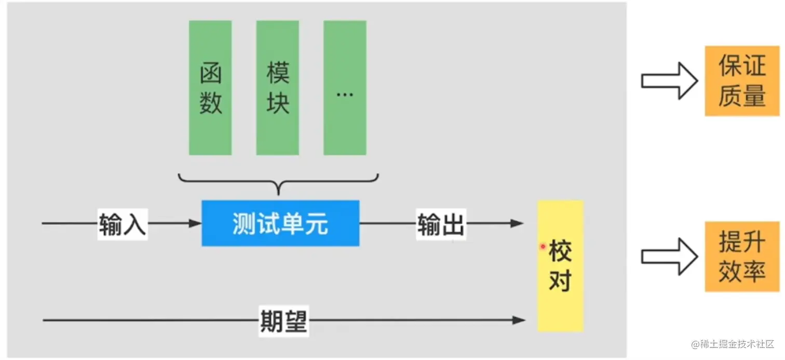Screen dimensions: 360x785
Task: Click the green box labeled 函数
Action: [x=210, y=88]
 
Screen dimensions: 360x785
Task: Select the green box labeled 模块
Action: [x=277, y=88]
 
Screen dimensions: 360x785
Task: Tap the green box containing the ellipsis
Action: [x=345, y=88]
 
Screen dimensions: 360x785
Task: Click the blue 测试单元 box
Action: [x=280, y=223]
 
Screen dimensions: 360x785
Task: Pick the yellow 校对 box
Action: [x=560, y=266]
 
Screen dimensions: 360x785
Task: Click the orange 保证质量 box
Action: [x=742, y=81]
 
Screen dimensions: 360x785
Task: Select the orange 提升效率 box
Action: [x=742, y=257]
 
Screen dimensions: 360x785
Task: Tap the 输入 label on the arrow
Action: [x=123, y=225]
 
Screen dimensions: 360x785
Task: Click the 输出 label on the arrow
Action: [x=441, y=225]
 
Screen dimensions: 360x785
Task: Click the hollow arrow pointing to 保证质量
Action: [x=669, y=81]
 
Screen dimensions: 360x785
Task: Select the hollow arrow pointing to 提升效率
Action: [x=669, y=257]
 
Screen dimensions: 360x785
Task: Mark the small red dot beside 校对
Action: [x=543, y=246]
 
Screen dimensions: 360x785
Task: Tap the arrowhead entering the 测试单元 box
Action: [x=195, y=223]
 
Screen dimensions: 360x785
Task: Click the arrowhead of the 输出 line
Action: [x=517, y=223]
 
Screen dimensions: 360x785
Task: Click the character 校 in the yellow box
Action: [x=560, y=252]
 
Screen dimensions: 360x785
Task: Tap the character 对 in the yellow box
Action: [x=560, y=281]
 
